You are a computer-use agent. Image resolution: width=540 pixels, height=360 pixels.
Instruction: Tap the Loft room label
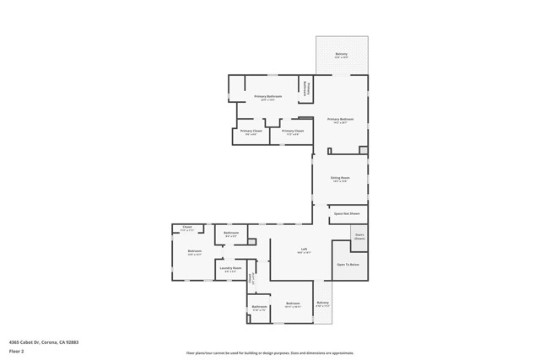coord(305,250)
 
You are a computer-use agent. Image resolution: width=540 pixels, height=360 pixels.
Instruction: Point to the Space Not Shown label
coord(347,214)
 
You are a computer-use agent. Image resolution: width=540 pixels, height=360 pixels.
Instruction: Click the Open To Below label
coord(348,264)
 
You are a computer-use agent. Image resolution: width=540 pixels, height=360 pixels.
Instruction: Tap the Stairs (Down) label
coord(359,237)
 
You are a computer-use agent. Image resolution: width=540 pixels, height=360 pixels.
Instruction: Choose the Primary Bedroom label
coord(341,121)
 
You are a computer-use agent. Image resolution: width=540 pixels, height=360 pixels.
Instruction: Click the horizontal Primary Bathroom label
coord(268,97)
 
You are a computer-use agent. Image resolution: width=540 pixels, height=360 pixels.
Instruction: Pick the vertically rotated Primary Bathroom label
coord(308,87)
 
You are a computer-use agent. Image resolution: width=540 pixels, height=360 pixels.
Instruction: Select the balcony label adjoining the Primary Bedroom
coord(341,55)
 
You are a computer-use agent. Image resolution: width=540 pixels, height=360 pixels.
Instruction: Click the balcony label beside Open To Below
coord(323,304)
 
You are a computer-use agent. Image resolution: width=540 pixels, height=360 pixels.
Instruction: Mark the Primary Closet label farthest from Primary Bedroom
coord(251,132)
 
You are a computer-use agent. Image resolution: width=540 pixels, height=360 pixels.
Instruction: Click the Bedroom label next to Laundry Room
coord(195,252)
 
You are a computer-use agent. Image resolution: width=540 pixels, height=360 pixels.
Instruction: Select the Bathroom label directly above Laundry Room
coord(231,234)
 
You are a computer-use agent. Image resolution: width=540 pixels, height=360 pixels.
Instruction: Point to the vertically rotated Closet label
coord(251,282)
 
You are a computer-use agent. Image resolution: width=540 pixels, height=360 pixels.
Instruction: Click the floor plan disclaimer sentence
coord(270,353)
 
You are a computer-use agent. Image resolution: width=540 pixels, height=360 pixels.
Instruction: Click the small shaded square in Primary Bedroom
coord(364,150)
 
